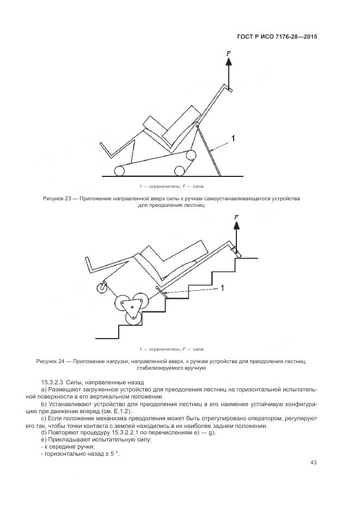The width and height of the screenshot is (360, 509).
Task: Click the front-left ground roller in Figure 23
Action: click(x=119, y=171)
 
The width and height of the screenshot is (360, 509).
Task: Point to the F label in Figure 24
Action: click(x=236, y=217)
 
